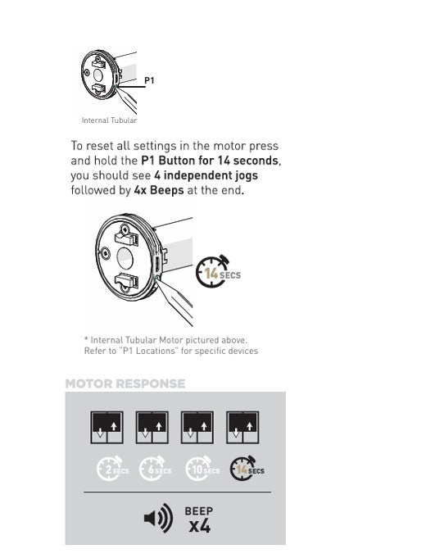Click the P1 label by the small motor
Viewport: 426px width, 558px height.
pos(149,80)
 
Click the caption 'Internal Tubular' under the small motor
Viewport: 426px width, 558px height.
pos(109,120)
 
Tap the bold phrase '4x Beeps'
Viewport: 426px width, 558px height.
pos(159,190)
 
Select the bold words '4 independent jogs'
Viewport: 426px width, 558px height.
pos(206,175)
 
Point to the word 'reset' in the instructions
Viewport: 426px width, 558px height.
pos(101,146)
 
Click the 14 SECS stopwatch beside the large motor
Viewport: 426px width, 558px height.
pos(218,271)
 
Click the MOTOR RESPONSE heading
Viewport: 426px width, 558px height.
pos(125,383)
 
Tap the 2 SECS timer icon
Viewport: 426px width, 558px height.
pos(113,469)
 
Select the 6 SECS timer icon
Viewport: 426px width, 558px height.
pos(155,469)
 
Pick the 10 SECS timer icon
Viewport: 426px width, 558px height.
pos(202,469)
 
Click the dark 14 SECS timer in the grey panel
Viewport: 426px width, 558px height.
pos(247,469)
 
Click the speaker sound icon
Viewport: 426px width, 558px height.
pos(159,518)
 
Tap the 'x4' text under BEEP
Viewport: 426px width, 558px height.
pos(200,526)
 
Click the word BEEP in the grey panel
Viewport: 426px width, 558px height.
pos(199,511)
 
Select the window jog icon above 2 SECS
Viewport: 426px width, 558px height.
pos(106,428)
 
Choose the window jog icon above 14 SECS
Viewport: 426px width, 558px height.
pos(242,428)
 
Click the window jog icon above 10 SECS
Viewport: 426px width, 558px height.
pos(197,428)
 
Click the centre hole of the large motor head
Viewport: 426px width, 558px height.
pos(125,259)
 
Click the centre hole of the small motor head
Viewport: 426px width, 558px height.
pos(97,75)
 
